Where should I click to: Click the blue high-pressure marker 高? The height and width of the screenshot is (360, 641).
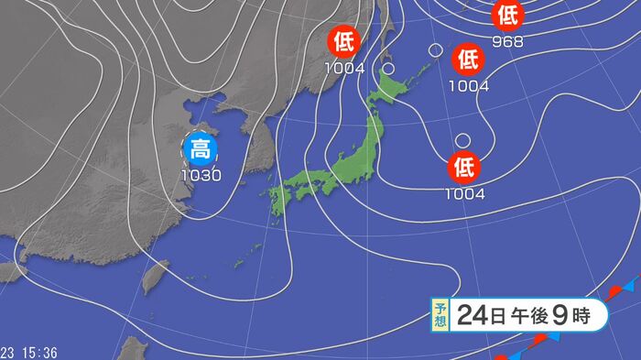pyautogui.click(x=200, y=149)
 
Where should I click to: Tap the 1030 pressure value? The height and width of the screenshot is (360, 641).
pyautogui.click(x=200, y=174)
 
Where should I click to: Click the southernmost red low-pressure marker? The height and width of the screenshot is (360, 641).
pyautogui.click(x=464, y=167)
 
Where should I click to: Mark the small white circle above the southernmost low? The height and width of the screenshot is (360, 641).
pyautogui.click(x=463, y=140)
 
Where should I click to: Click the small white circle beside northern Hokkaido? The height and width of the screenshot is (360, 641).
pyautogui.click(x=388, y=68)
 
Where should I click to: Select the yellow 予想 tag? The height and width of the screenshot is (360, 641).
pyautogui.click(x=440, y=316)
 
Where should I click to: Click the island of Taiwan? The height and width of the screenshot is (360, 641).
pyautogui.click(x=157, y=274)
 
